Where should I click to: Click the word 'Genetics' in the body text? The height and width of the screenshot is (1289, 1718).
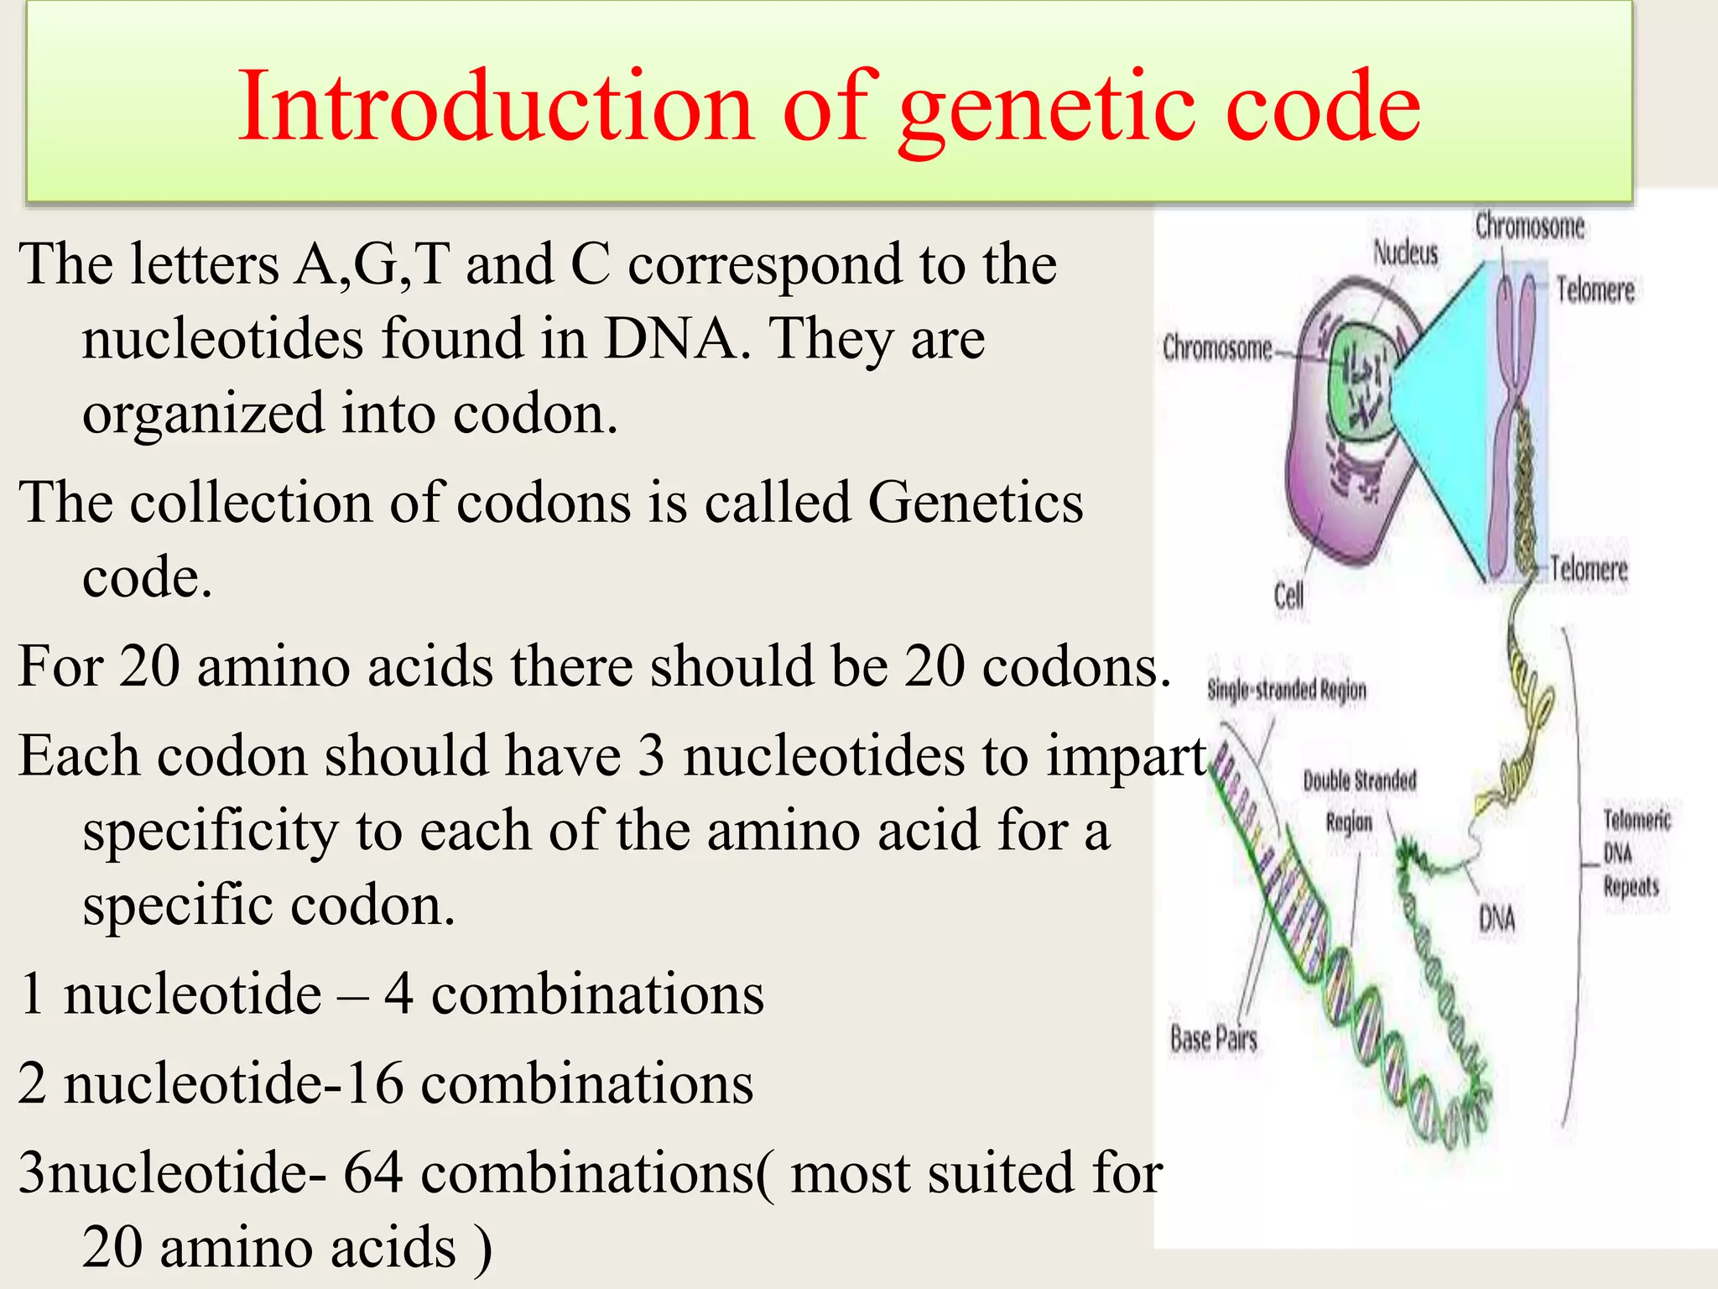tap(976, 502)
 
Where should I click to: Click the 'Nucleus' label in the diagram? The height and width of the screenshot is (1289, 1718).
tap(1405, 253)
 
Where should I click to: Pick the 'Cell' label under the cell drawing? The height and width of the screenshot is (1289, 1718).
tap(1288, 596)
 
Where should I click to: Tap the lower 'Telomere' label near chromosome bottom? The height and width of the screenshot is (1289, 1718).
tap(1588, 569)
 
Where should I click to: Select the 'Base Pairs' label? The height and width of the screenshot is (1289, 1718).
tap(1213, 1039)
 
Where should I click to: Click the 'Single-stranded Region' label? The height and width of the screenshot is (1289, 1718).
tap(1287, 690)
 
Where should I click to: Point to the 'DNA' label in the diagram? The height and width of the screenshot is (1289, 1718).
tap(1497, 919)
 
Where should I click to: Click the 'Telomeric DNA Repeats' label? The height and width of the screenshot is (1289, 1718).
tap(1635, 853)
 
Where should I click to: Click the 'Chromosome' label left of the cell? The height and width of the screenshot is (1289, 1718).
tap(1217, 347)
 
